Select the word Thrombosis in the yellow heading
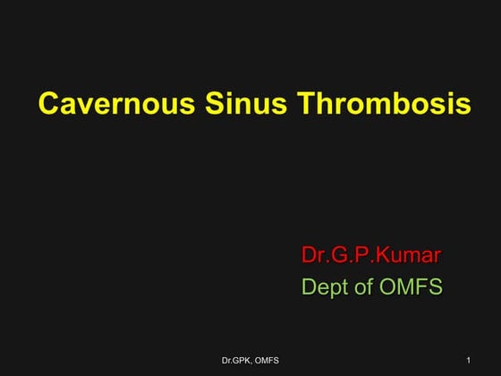376,105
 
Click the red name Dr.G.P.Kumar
371,255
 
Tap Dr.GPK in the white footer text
235,360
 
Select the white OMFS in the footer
266,360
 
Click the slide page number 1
469,359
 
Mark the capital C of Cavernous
48,105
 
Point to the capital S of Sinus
202,105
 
